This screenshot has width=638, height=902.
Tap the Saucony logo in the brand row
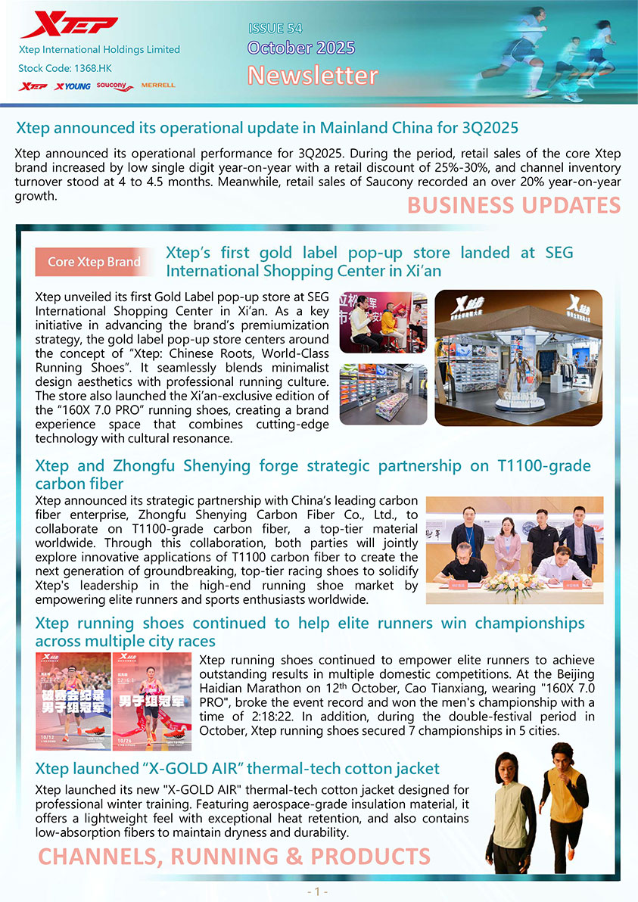tap(115, 86)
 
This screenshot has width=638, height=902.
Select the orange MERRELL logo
tap(158, 86)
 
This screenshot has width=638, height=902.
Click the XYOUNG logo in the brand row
tap(73, 86)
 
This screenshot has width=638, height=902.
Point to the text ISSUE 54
tap(275, 29)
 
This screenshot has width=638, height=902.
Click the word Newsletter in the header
tap(313, 76)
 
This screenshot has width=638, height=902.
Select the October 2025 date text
tap(301, 48)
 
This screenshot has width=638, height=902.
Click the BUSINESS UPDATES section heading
tap(514, 205)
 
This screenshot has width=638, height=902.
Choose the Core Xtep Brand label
tap(94, 262)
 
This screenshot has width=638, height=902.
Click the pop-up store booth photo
tap(518, 357)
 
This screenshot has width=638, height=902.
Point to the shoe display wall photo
tap(383, 394)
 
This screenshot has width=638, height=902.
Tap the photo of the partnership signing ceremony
tap(515, 550)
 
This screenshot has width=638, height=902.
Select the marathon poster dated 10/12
tap(73, 701)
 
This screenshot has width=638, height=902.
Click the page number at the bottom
tap(319, 891)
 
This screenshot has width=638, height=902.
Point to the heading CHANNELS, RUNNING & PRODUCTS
tap(234, 857)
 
